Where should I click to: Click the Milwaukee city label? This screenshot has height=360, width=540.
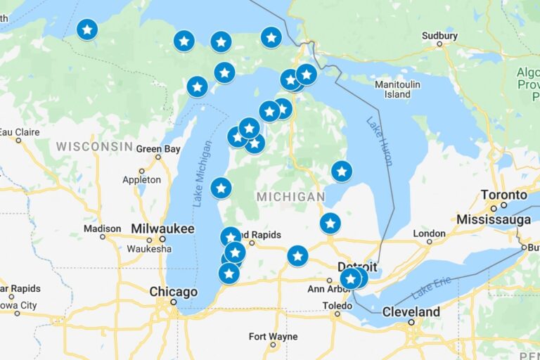(162, 229)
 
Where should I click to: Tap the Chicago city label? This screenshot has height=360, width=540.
(173, 292)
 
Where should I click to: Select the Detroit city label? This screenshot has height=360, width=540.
(357, 267)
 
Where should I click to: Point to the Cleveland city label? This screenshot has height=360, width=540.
(411, 312)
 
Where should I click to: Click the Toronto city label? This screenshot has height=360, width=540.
(503, 195)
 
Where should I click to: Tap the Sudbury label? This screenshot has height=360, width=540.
(439, 36)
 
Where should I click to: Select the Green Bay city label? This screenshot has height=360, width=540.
(158, 149)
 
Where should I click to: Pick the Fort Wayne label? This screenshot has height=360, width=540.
(272, 336)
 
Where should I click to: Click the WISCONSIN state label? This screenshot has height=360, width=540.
(94, 146)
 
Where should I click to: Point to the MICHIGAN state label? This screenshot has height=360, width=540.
(290, 197)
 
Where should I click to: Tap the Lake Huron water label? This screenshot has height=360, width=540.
(378, 141)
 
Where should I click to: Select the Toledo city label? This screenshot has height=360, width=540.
(337, 306)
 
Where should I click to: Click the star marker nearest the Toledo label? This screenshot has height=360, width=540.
(350, 279)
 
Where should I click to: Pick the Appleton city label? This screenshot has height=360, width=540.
(141, 180)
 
